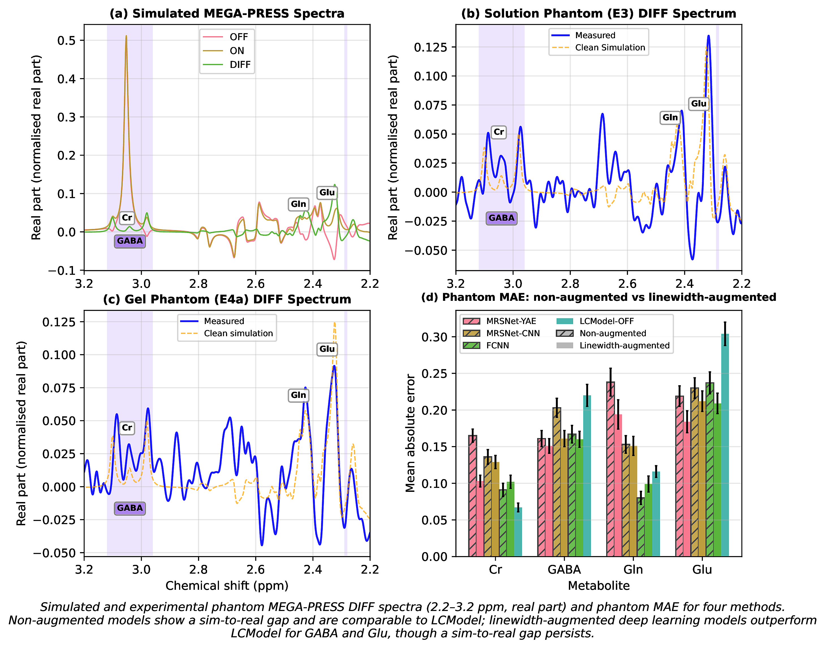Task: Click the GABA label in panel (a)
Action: pos(130,241)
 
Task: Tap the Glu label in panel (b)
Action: pos(698,104)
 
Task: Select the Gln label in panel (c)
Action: pos(298,395)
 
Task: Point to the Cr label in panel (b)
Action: pos(498,132)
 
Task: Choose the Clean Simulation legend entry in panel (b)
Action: pos(610,48)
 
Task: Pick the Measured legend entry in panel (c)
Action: pos(223,321)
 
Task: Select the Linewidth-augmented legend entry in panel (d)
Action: pos(624,345)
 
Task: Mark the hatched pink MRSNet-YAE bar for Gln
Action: pos(610,469)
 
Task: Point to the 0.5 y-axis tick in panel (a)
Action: pos(66,40)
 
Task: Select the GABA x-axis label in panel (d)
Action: pos(564,569)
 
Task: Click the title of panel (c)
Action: pos(227,299)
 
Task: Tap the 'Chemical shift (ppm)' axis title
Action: pos(227,586)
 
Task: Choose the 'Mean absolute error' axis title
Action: pos(410,433)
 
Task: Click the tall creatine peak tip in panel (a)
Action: pos(126,37)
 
